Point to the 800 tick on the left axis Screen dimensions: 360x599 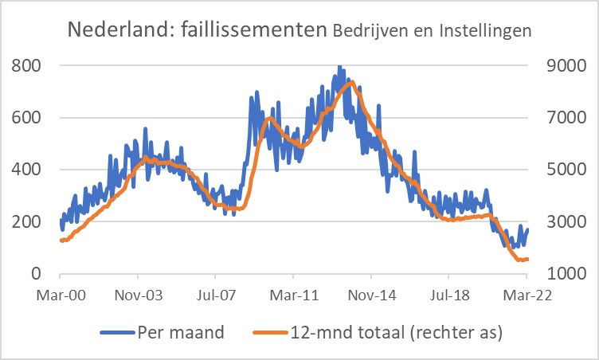point(25,65)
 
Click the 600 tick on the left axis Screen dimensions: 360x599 point(25,118)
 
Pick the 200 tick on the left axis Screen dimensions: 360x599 point(25,221)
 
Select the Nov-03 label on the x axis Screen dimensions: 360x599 point(139,295)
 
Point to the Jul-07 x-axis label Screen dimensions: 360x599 point(221,295)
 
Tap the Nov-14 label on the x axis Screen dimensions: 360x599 point(374,295)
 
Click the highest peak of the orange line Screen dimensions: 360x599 point(348,82)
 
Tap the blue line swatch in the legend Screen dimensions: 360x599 point(118,333)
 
